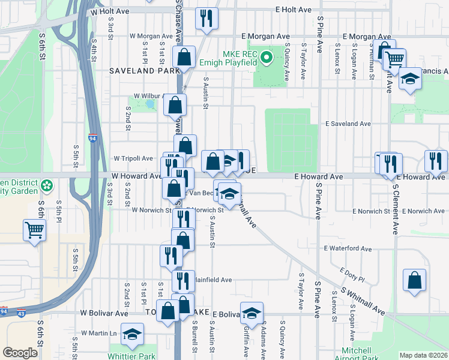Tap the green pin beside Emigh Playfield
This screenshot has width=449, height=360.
[x=268, y=59]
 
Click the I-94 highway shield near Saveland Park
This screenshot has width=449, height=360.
[x=92, y=137]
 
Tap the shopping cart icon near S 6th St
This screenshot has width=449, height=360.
[x=35, y=229]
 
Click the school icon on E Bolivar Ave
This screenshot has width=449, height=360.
[x=252, y=313]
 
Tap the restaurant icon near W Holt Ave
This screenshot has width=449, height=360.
[x=206, y=18]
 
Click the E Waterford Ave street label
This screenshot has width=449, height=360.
[x=348, y=248]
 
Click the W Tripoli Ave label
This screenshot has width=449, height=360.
[x=133, y=158]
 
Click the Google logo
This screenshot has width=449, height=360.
[x=20, y=353]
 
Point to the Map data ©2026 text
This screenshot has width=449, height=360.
[x=423, y=355]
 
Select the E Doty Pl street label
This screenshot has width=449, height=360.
[x=352, y=274]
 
